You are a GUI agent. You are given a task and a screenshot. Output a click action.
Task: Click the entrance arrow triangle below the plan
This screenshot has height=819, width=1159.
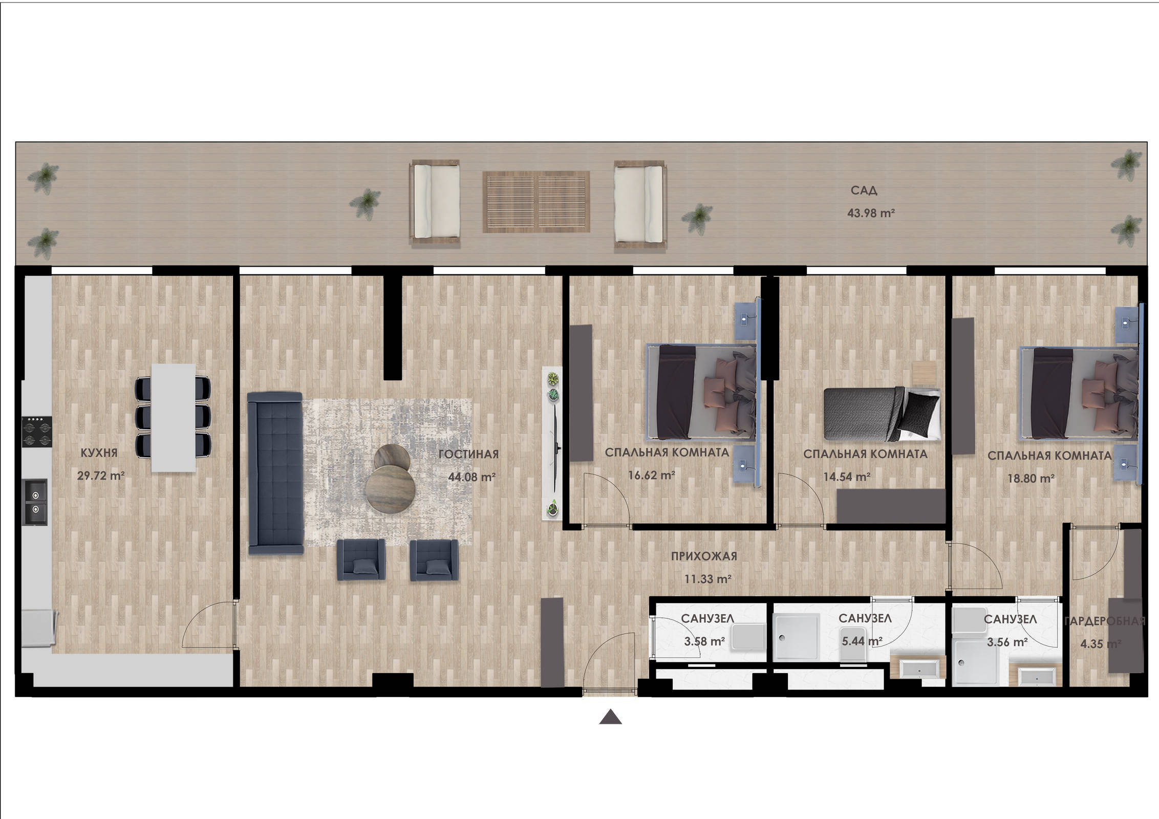[611, 718]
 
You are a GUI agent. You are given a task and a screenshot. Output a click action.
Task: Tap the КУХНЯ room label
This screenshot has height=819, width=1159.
[99, 453]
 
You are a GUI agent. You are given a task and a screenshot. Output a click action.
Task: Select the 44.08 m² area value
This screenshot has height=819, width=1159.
[471, 477]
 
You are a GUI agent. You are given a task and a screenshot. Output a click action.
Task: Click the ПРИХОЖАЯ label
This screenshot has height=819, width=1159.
[704, 556]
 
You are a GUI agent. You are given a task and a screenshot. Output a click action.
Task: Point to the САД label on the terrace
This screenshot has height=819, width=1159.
[864, 190]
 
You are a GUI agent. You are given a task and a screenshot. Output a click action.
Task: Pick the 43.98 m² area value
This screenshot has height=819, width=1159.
[871, 213]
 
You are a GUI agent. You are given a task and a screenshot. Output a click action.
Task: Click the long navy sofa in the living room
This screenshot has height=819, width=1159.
[275, 473]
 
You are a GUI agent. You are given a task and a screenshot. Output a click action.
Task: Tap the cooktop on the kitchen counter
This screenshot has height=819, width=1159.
[37, 432]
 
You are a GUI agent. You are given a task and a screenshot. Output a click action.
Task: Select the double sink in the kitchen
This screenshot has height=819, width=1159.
[35, 502]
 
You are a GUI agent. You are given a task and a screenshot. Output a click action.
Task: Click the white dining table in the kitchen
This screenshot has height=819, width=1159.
[174, 418]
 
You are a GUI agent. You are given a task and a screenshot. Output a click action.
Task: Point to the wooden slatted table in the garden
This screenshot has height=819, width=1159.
[536, 202]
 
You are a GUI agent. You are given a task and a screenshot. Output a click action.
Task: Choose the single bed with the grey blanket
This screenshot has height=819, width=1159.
[882, 414]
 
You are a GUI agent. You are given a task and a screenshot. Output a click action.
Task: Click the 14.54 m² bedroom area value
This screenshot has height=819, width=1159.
[847, 477]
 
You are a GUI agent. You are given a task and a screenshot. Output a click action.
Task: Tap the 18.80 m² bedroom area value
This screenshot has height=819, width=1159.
[1031, 479]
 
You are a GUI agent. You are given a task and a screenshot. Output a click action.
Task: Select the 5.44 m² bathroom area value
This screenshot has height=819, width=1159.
[862, 641]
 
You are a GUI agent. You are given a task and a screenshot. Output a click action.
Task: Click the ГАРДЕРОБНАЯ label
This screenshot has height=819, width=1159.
[1104, 621]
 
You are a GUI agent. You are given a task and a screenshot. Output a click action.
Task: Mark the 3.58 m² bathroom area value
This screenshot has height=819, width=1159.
[704, 641]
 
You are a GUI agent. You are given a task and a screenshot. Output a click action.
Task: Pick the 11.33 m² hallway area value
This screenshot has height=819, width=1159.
[708, 579]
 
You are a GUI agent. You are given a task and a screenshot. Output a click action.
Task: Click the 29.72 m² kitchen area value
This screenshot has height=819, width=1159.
[101, 476]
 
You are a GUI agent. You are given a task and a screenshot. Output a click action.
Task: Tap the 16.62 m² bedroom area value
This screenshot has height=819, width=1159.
[652, 475]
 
